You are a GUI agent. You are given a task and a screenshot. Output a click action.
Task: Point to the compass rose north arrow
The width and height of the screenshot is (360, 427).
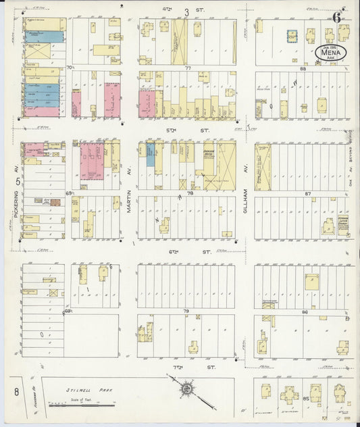click(186, 390)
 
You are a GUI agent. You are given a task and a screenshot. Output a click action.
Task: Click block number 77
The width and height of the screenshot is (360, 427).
click(188, 68)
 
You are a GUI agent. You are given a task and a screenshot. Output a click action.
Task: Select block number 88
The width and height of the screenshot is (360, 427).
click(303, 68)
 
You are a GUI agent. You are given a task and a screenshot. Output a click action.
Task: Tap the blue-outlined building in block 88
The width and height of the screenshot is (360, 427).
click(292, 36)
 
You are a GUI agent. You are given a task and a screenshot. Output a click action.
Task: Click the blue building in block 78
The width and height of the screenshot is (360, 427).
click(150, 155)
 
